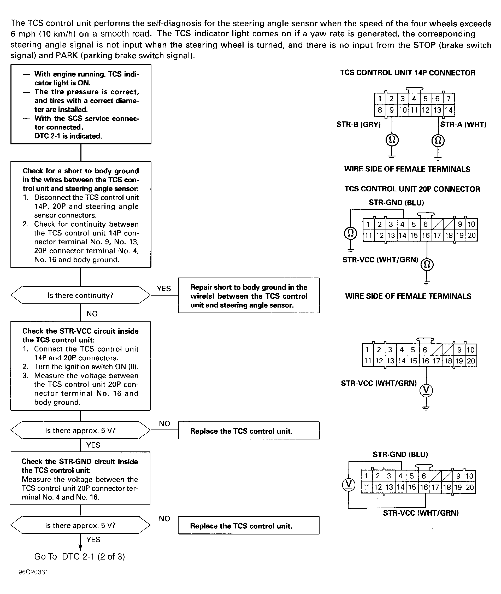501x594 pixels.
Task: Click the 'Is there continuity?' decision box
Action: pos(80,296)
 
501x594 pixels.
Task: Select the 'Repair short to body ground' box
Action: pos(249,296)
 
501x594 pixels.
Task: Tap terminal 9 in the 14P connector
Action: pos(391,110)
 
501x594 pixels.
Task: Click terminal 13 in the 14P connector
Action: pos(437,110)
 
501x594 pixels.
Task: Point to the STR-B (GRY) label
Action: pos(358,125)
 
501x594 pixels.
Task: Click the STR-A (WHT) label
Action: pos(463,125)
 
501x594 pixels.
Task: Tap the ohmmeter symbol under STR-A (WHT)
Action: pos(438,140)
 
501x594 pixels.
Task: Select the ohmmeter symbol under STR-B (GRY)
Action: pos(392,140)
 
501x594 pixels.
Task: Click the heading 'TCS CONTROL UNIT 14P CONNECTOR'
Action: pos(408,73)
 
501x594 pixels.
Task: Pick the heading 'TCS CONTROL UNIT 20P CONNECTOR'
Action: pos(412,189)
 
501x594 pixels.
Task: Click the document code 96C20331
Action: pos(33,572)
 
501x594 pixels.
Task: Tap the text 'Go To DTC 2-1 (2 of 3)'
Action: pos(80,556)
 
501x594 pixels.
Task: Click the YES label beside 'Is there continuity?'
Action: pos(164,289)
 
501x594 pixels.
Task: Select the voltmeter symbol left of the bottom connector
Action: pos(349,484)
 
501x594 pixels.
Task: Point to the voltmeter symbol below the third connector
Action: pos(426,390)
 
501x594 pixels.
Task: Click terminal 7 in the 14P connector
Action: pos(449,99)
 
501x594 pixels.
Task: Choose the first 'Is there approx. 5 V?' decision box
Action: pos(80,430)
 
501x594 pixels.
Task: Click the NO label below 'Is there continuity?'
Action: pos(92,314)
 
